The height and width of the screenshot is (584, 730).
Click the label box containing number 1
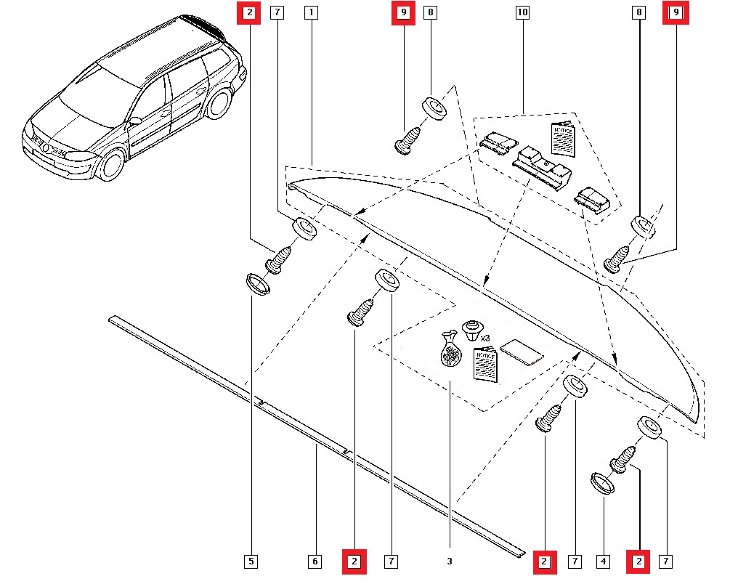(x=311, y=12)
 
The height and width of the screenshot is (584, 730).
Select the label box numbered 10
(x=522, y=12)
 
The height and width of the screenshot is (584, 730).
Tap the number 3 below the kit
(x=450, y=561)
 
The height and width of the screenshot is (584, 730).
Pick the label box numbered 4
(x=602, y=561)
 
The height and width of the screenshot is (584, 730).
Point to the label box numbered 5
(x=251, y=561)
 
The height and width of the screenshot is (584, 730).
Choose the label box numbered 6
(x=315, y=561)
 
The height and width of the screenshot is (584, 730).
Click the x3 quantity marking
(x=487, y=338)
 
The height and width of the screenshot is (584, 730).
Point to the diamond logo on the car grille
(x=47, y=148)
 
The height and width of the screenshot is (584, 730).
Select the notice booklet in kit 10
(x=563, y=138)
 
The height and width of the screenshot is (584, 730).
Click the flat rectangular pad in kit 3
(x=521, y=352)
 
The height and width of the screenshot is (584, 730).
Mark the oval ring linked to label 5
(x=256, y=284)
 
